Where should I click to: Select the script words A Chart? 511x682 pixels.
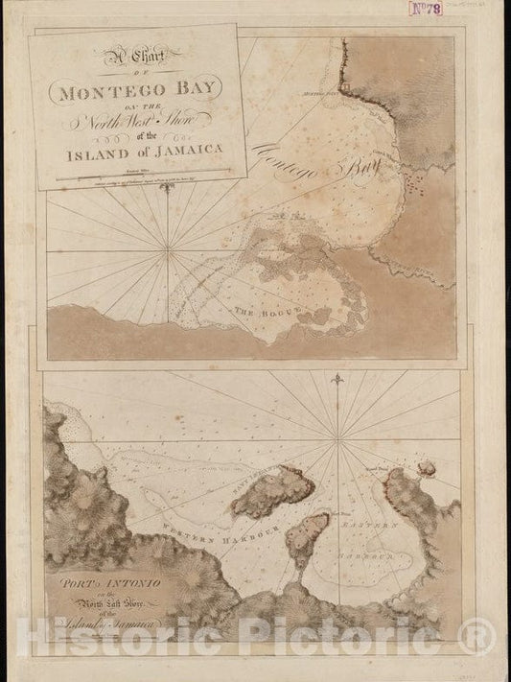pyautogui.click(x=132, y=59)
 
